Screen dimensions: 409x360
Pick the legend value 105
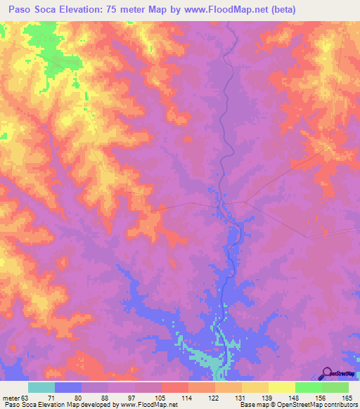coord(162,398)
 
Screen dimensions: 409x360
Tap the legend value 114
coord(189,398)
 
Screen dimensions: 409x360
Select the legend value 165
coord(347,398)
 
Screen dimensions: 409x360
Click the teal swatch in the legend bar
coord(41,387)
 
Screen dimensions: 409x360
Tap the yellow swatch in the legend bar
coord(255,387)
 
